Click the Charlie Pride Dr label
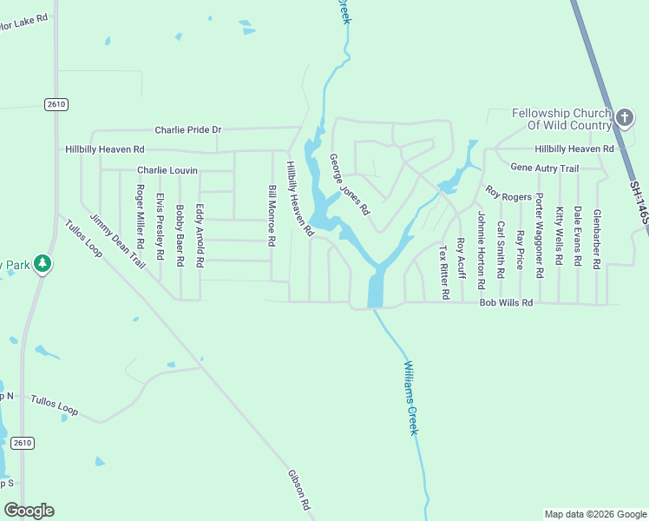pos(188,130)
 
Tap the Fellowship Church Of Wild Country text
pos(561,119)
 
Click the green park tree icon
pos(42,264)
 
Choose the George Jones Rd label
pos(350,185)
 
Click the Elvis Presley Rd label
pos(160,227)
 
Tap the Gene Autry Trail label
pos(544,168)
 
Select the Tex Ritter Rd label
pos(443,272)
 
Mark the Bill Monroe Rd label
pos(272,216)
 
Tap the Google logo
pos(29,511)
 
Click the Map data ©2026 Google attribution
pos(595,514)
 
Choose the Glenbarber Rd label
pos(597,239)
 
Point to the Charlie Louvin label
pos(167,170)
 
